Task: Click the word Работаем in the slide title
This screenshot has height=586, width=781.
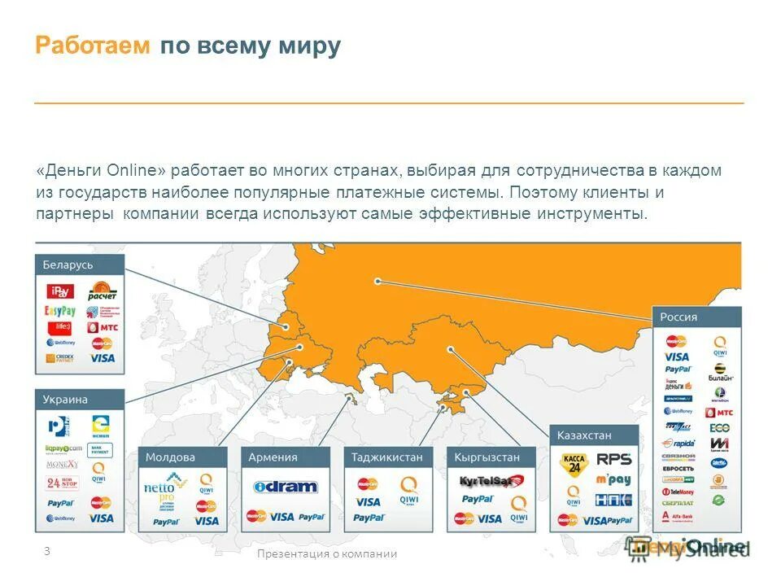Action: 93,46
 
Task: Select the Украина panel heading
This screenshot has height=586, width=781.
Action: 65,400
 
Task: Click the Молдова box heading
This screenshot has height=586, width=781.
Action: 170,457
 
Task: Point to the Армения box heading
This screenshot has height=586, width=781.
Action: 273,457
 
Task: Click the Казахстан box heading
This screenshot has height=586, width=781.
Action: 584,435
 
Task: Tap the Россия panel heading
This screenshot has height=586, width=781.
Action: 678,317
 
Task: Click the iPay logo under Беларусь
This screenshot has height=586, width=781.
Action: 61,291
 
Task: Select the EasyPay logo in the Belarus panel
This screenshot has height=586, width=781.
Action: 60,311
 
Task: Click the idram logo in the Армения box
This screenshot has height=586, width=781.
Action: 285,487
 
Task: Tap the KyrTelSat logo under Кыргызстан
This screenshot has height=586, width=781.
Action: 490,480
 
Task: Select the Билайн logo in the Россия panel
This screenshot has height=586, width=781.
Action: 720,373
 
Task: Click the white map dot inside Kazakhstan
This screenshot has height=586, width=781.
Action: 450,349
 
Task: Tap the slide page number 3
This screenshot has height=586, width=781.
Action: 46,551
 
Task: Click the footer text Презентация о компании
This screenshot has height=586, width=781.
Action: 327,553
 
